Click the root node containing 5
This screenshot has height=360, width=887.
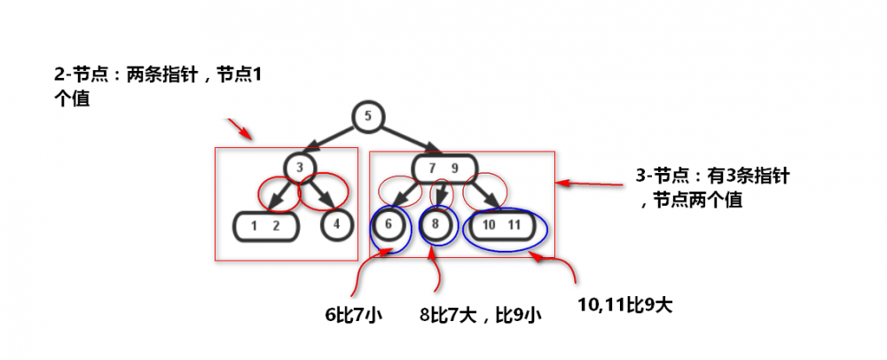368,117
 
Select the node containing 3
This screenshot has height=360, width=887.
300,167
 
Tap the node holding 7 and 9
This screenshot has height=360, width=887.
444,168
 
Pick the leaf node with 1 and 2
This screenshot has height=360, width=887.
265,226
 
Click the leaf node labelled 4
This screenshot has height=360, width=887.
336,224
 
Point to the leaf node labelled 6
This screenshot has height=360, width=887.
389,224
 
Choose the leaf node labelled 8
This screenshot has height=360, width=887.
435,224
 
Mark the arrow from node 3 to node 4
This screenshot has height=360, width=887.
321,192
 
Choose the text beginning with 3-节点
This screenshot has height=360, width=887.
712,188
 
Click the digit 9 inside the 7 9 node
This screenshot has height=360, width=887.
454,168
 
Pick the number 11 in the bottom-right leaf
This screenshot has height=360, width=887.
514,225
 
